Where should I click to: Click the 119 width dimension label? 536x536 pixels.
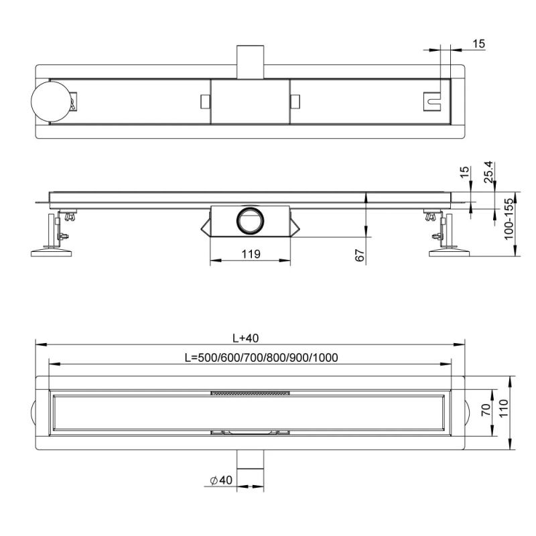click(x=251, y=254)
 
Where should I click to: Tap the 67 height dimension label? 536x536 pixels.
click(x=360, y=255)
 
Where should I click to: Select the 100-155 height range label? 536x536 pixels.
click(x=509, y=219)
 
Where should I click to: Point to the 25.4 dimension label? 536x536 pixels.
click(x=489, y=172)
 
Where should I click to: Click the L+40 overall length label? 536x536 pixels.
click(x=245, y=338)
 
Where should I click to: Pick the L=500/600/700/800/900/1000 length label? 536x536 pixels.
click(x=261, y=358)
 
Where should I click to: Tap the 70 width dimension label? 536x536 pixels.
click(x=486, y=409)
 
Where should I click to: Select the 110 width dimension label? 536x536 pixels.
click(x=504, y=409)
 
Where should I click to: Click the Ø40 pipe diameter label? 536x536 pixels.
click(x=221, y=480)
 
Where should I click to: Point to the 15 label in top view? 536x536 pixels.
click(x=478, y=44)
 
